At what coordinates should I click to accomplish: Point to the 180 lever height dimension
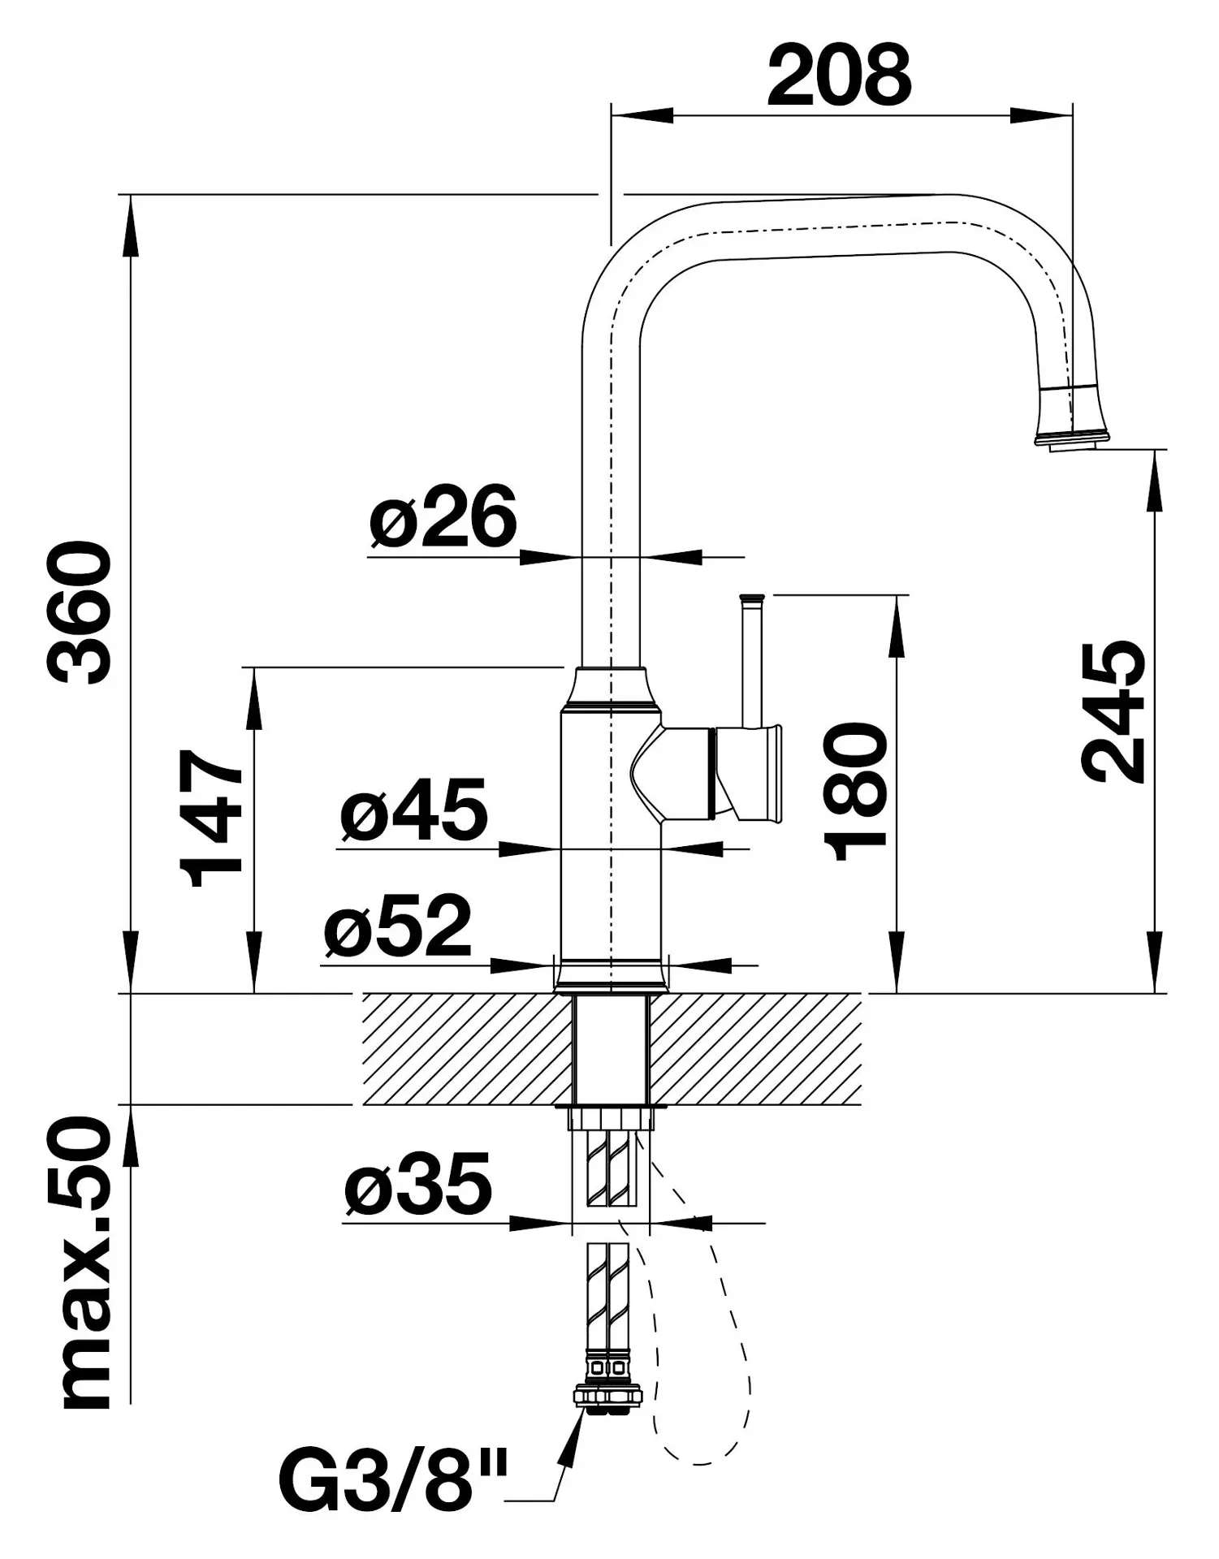pos(855,792)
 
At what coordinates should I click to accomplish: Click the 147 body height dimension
pos(212,818)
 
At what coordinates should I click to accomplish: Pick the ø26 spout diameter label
pos(443,516)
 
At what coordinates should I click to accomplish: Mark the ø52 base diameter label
pos(398,926)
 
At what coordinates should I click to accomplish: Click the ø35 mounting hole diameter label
pos(418,1184)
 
